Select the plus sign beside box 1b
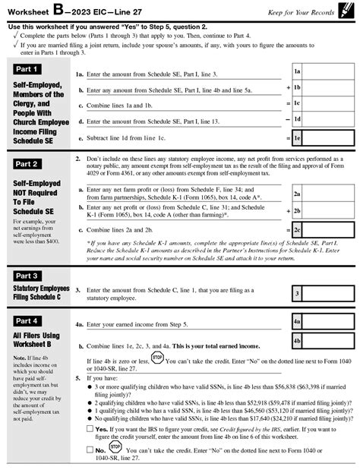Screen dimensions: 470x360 pyautogui.click(x=287, y=87)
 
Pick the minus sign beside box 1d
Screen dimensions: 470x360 pyautogui.click(x=287, y=119)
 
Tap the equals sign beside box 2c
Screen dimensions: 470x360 pyautogui.click(x=287, y=229)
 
